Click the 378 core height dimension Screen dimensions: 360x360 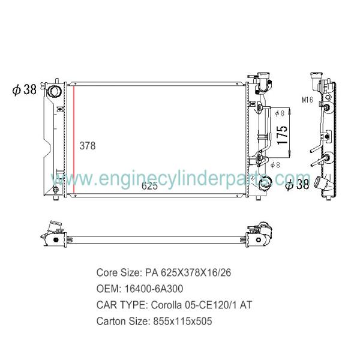[88, 146]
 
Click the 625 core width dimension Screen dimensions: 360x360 [149, 186]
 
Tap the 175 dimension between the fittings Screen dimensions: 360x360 [283, 135]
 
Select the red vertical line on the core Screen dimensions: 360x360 [74, 140]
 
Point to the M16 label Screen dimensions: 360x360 [307, 100]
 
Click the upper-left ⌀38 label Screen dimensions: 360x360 [25, 89]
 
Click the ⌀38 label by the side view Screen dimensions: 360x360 [298, 185]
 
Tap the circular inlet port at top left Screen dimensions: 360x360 [54, 91]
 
